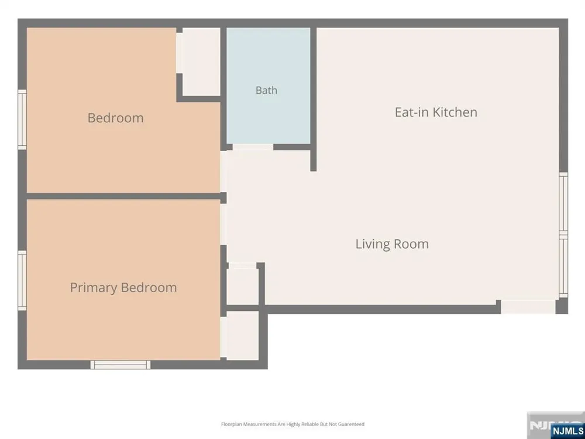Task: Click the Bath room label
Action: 266,90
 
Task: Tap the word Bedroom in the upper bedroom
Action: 116,118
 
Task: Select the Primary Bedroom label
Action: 123,287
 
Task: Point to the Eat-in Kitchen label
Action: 436,112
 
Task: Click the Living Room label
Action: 392,244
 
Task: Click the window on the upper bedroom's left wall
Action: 22,119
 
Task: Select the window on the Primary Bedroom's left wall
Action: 22,280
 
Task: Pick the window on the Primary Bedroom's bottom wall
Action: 121,365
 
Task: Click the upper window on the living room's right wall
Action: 563,204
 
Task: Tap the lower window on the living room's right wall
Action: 563,266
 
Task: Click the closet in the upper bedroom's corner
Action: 201,61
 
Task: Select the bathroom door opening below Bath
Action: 253,148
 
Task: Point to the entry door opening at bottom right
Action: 528,307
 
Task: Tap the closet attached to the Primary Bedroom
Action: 243,335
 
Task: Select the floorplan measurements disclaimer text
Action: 293,424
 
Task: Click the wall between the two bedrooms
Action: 123,196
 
